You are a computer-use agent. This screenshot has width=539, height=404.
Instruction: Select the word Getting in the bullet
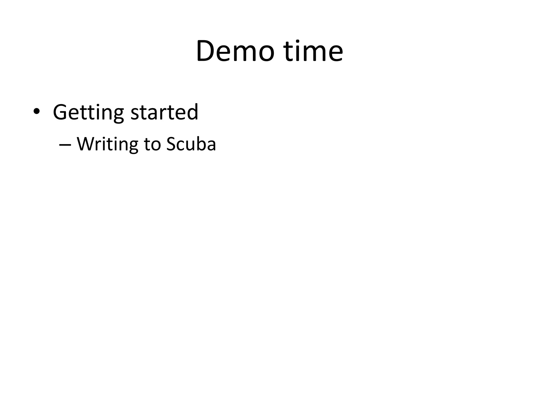[88, 112]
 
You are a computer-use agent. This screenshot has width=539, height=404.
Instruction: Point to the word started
[164, 112]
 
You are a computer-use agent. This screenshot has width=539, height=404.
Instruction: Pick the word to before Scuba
[152, 145]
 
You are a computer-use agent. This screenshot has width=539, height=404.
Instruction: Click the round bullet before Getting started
[36, 112]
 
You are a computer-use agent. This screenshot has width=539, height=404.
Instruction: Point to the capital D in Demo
[206, 51]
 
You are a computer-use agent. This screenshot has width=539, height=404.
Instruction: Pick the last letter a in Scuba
[210, 146]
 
